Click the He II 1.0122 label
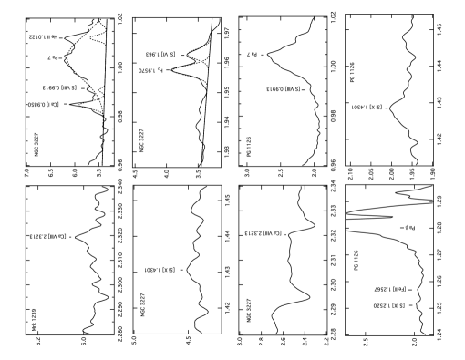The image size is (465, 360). click(43, 37)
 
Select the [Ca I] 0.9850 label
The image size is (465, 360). click(44, 105)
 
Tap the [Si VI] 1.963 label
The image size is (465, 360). click(161, 55)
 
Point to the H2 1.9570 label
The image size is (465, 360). click(150, 70)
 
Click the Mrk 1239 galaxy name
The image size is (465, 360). click(34, 319)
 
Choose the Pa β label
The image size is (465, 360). click(410, 228)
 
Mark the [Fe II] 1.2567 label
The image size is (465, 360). click(389, 289)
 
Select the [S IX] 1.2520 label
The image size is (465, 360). click(388, 305)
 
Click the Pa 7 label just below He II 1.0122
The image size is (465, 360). click(53, 57)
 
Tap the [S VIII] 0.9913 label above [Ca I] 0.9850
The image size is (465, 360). click(59, 88)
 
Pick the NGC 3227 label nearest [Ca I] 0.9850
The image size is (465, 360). click(36, 145)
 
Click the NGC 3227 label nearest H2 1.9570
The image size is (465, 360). click(141, 141)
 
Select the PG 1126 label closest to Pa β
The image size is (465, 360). click(356, 260)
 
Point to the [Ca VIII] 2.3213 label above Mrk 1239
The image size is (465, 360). click(48, 237)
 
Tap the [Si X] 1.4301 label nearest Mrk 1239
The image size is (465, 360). click(159, 270)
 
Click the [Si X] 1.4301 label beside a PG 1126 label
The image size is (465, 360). click(366, 108)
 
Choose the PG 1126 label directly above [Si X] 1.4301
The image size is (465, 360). click(352, 72)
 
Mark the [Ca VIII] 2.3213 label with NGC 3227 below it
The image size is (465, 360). click(264, 233)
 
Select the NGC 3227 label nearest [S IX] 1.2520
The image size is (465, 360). click(249, 310)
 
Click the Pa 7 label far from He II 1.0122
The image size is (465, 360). click(252, 55)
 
